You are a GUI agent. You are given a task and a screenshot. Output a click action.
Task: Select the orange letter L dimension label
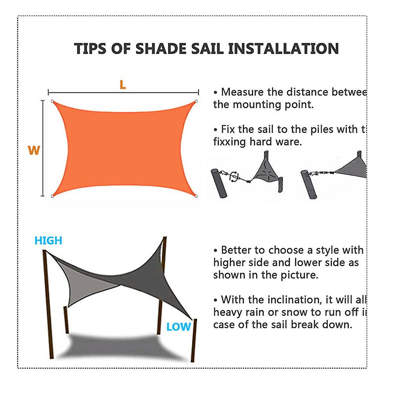pyautogui.click(x=123, y=85)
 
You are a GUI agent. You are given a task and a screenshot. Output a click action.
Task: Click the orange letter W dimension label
pyautogui.click(x=34, y=150)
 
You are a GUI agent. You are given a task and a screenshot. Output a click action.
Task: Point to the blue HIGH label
pyautogui.click(x=48, y=241)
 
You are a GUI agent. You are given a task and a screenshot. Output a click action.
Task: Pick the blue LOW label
pyautogui.click(x=178, y=327)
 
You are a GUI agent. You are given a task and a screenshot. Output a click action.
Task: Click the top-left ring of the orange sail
pyautogui.click(x=52, y=101)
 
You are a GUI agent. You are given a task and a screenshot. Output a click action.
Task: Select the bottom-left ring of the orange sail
pyautogui.click(x=52, y=196)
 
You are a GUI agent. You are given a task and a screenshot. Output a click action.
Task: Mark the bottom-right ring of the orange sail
pyautogui.click(x=196, y=196)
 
